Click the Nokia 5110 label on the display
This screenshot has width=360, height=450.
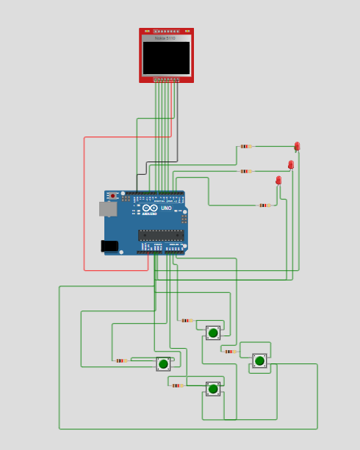click(x=165, y=38)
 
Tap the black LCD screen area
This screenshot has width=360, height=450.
click(x=166, y=57)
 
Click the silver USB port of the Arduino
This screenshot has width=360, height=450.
click(x=108, y=209)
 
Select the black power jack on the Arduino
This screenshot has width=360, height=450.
click(x=109, y=246)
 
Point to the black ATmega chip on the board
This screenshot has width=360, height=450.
click(x=161, y=236)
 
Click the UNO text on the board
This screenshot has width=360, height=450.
click(x=167, y=208)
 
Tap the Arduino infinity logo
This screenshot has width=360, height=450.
click(x=150, y=208)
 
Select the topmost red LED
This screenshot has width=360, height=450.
click(x=297, y=147)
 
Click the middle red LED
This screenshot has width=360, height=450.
click(x=291, y=165)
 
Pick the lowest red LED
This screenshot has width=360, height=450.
click(x=278, y=181)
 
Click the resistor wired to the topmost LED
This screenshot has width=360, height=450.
click(x=245, y=146)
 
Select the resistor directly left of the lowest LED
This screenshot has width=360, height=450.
click(x=263, y=206)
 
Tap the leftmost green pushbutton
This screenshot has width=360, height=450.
click(x=163, y=363)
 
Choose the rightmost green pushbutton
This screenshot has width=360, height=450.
click(x=259, y=360)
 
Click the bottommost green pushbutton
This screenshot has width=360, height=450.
click(x=213, y=389)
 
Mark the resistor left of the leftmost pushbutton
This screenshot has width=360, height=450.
click(x=120, y=360)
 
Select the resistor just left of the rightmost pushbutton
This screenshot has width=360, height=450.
click(x=229, y=352)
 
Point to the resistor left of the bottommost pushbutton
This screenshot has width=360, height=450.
click(x=176, y=385)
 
